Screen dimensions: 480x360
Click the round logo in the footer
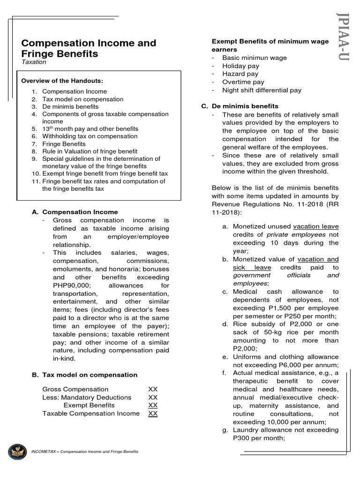coord(17,451)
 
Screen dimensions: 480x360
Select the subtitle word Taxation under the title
coord(34,62)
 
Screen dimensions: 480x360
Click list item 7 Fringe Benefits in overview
coord(64,144)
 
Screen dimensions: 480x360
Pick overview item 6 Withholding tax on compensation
coord(90,136)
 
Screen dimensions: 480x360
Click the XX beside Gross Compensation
coord(153,390)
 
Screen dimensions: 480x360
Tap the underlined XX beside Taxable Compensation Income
coord(153,413)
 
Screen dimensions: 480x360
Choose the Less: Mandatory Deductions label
coord(87,397)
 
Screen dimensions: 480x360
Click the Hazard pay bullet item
coord(240,74)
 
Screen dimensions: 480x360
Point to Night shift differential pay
coord(262,90)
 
